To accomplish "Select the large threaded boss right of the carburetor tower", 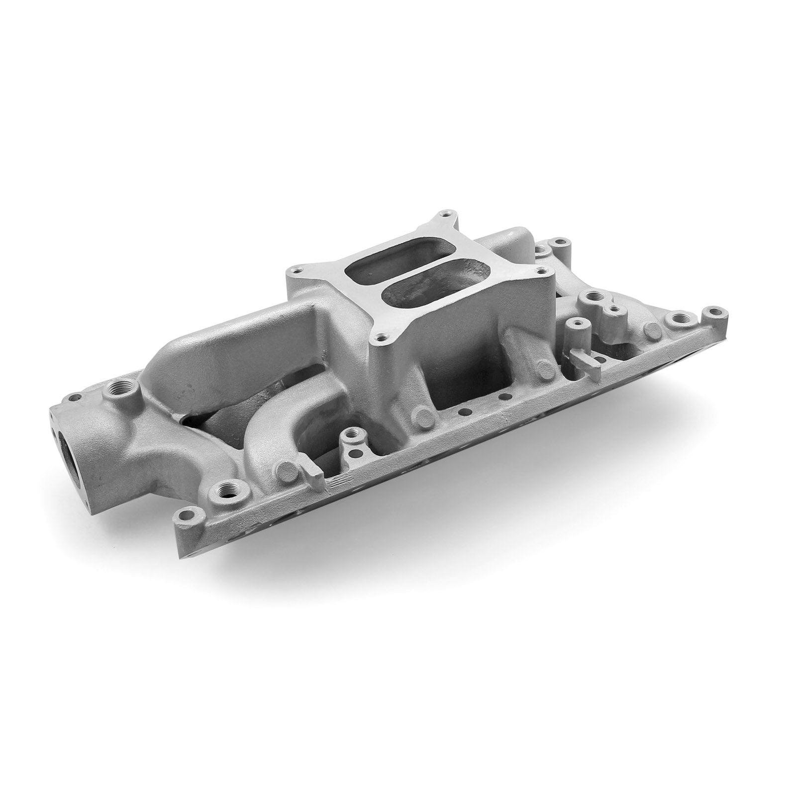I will [x=592, y=298].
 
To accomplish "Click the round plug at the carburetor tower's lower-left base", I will [x=424, y=415].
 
